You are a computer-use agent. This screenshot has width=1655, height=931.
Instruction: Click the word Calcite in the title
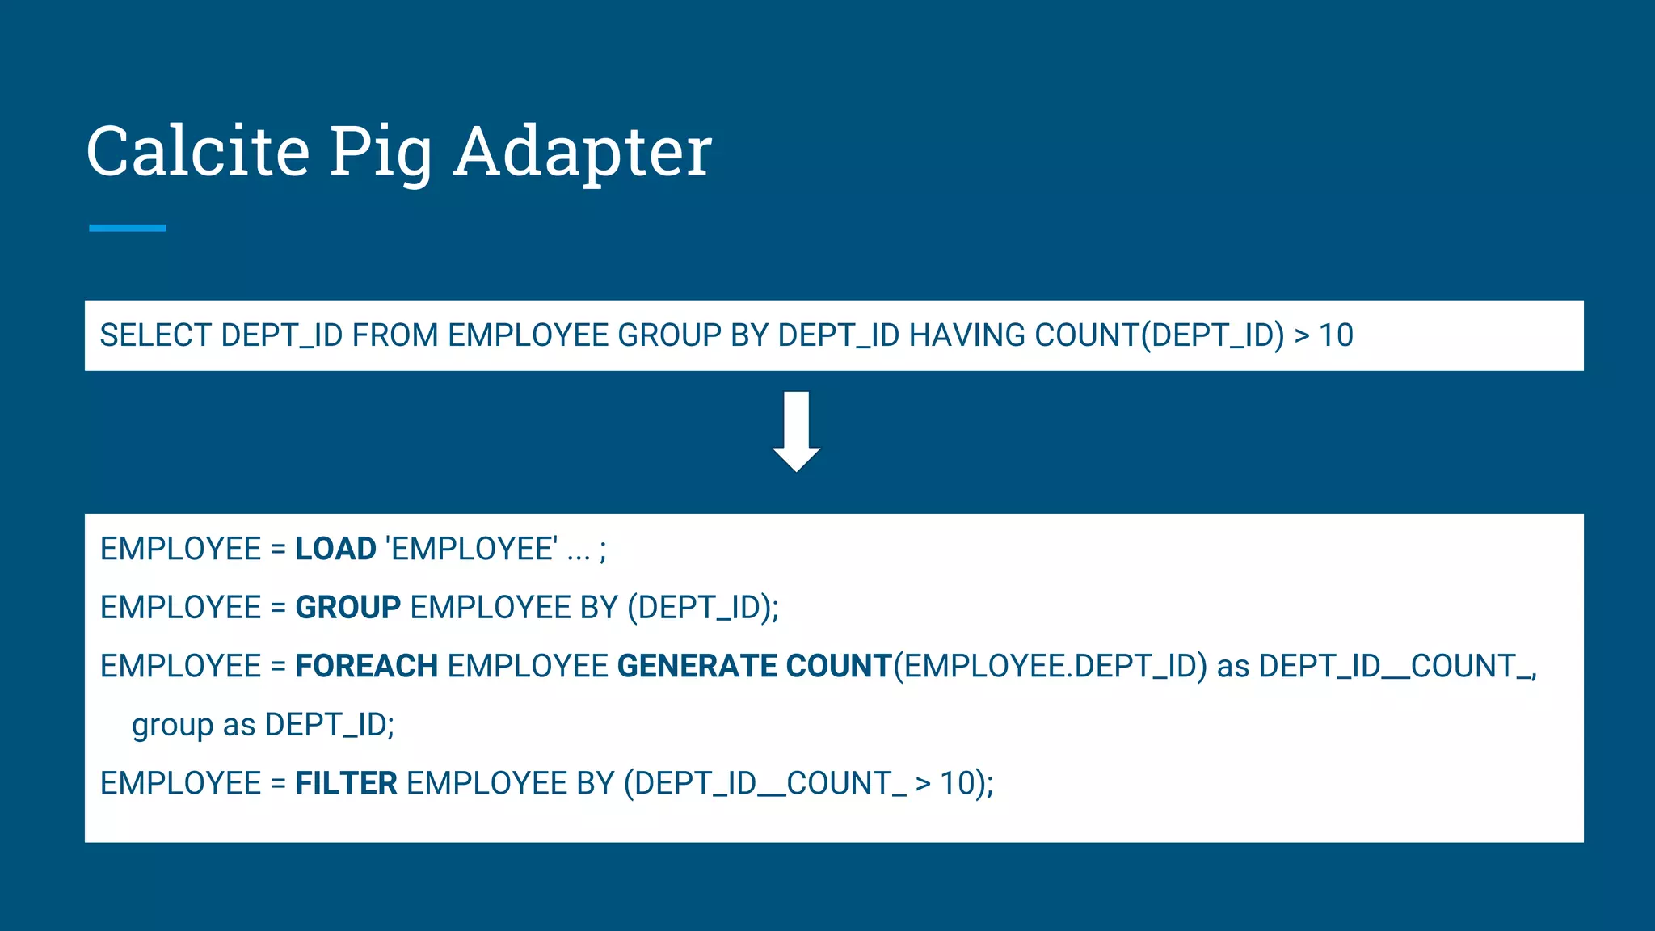(x=198, y=151)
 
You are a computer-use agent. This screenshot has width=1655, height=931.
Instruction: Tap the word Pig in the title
(x=380, y=154)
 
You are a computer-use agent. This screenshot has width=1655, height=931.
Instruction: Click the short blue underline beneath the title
(x=127, y=228)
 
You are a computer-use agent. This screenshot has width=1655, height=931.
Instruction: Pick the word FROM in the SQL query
(x=394, y=335)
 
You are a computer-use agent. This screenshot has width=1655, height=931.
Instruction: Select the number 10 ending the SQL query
(x=1336, y=335)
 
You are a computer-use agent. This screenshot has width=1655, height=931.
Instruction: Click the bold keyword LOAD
(x=335, y=550)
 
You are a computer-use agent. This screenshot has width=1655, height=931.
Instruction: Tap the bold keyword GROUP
(x=347, y=608)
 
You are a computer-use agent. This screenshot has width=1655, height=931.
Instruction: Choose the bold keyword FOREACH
(x=366, y=667)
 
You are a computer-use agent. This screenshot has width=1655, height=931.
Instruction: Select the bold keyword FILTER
(x=346, y=784)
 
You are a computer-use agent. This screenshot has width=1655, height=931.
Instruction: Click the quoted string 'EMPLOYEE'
(x=472, y=550)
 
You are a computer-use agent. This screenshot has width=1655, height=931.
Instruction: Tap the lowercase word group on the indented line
(x=172, y=726)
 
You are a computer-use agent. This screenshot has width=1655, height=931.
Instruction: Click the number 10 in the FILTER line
(x=958, y=784)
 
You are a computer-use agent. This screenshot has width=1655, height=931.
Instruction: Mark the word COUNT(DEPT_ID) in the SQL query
(x=1159, y=335)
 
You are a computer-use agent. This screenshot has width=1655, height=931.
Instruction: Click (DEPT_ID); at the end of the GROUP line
(x=703, y=608)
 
